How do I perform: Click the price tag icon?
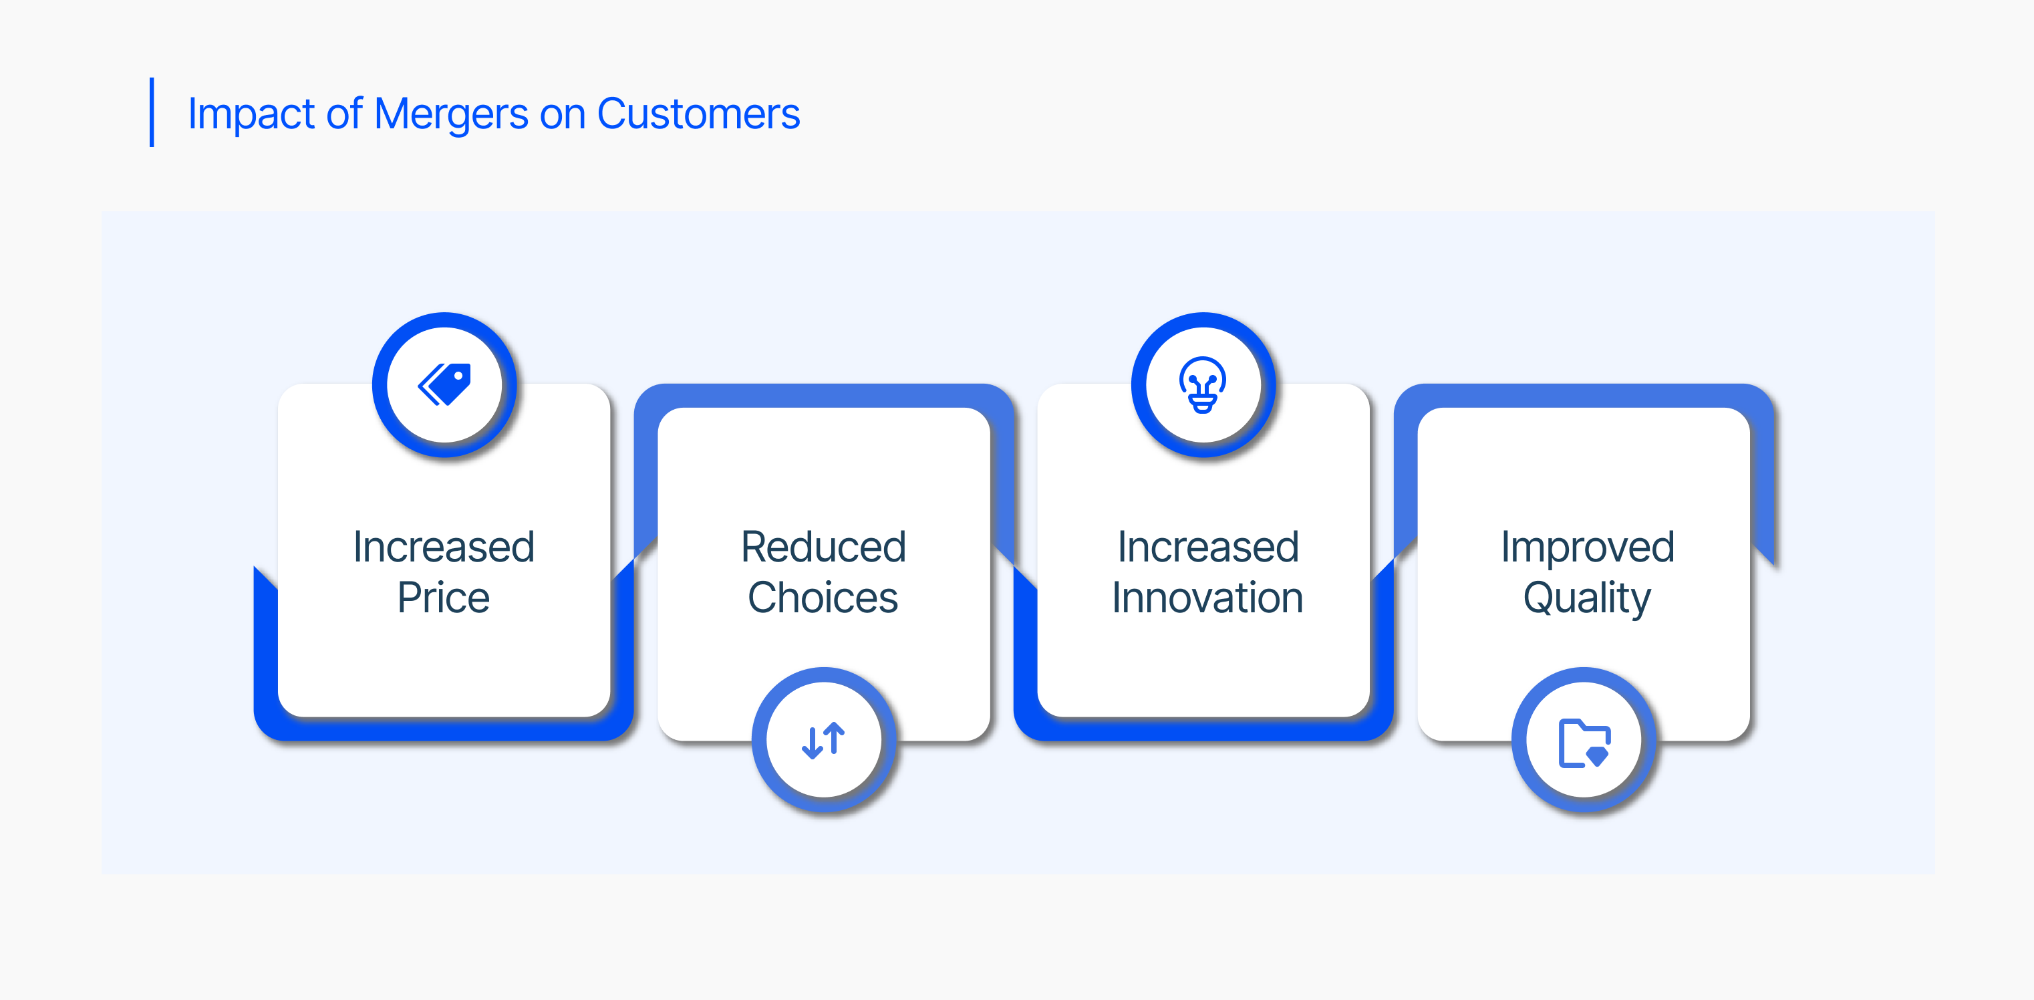(x=444, y=384)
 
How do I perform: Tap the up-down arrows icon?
(x=823, y=741)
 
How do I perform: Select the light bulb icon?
(x=1203, y=384)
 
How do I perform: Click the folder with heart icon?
(x=1584, y=743)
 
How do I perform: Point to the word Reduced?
(x=823, y=547)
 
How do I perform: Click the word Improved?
(x=1587, y=547)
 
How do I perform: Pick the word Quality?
(x=1587, y=599)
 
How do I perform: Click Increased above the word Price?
(x=444, y=547)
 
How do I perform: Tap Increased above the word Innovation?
(x=1208, y=547)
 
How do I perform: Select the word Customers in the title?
(x=698, y=114)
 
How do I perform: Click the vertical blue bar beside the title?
(x=152, y=112)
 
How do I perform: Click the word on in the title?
(x=562, y=116)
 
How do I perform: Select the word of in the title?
(x=344, y=114)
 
